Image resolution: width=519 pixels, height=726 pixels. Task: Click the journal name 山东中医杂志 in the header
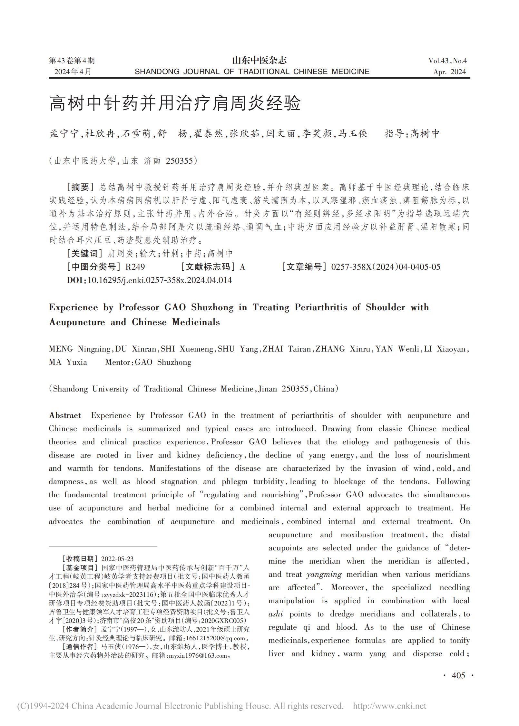pyautogui.click(x=259, y=60)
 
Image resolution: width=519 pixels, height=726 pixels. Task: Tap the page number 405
pyautogui.click(x=458, y=675)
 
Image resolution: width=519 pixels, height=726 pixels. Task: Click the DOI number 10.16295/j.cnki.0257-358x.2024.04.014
pyautogui.click(x=160, y=280)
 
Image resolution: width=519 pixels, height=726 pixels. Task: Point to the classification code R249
pyautogui.click(x=135, y=267)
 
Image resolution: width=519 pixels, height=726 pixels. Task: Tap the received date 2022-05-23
pyautogui.click(x=117, y=559)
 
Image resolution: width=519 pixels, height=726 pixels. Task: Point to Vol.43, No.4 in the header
pyautogui.click(x=447, y=61)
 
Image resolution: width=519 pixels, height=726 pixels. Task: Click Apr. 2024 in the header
pyautogui.click(x=449, y=72)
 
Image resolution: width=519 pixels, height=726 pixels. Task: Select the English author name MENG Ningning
pyautogui.click(x=80, y=349)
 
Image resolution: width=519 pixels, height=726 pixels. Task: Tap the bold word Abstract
pyautogui.click(x=65, y=415)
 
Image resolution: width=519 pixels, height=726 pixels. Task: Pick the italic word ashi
pyautogui.click(x=276, y=614)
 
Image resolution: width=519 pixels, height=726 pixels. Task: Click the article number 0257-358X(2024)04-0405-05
pyautogui.click(x=386, y=267)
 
